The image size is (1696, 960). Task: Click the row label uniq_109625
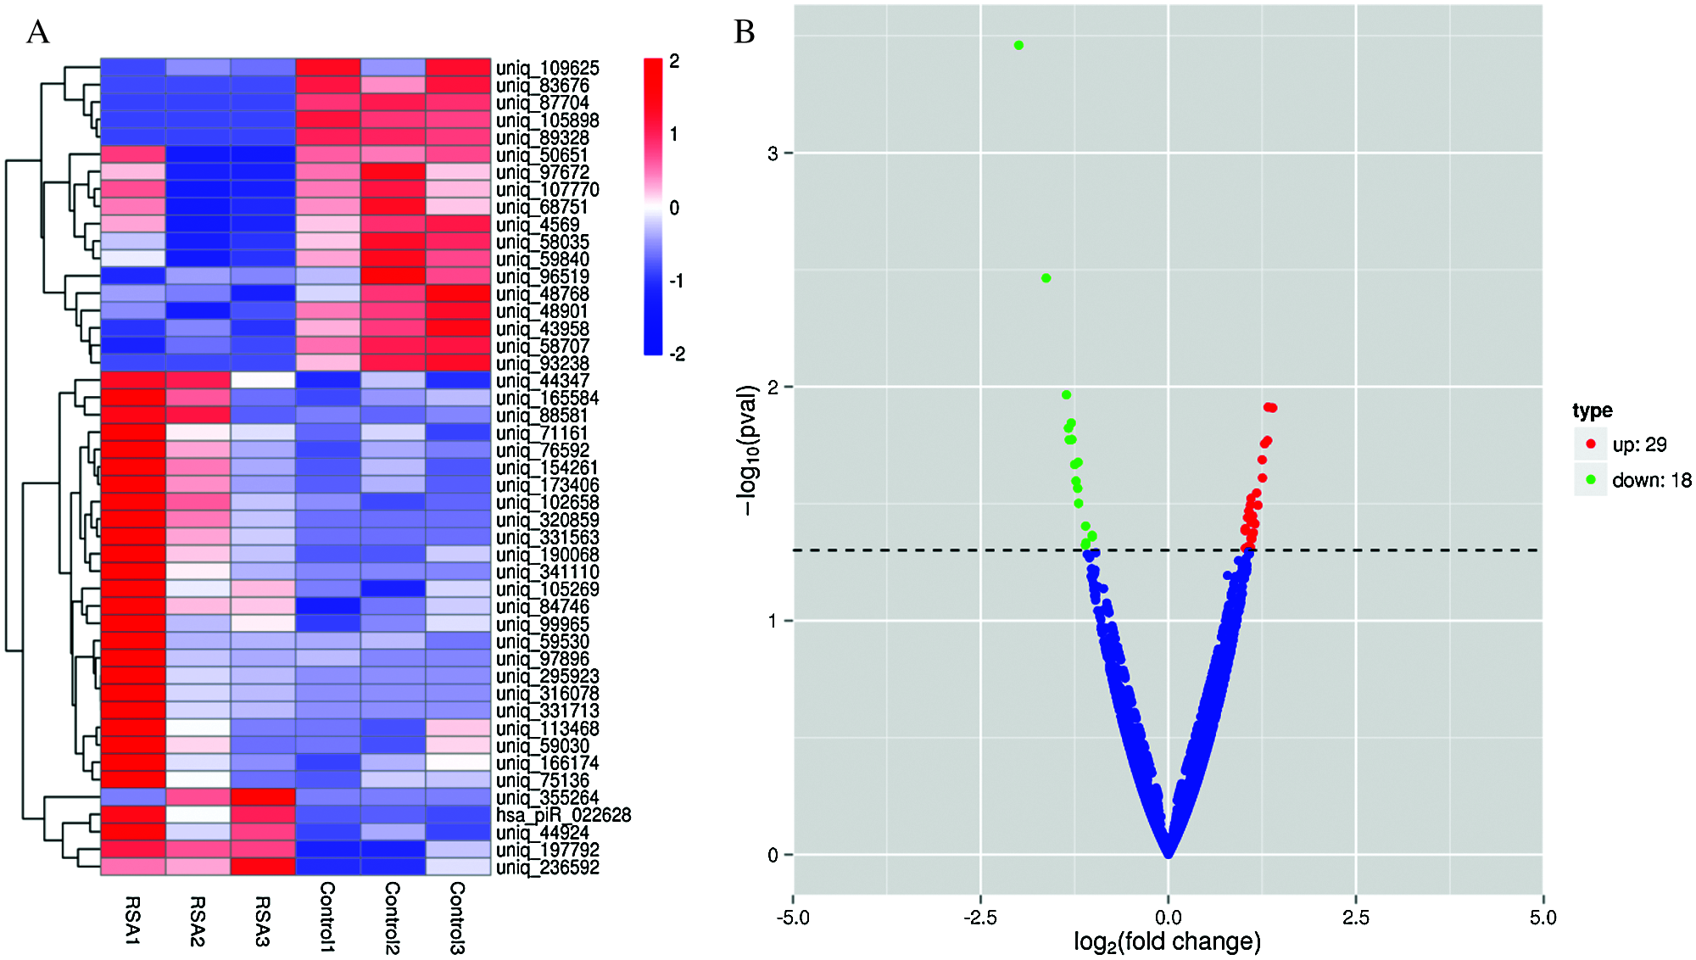coord(547,68)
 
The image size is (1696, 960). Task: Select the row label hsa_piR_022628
coord(563,815)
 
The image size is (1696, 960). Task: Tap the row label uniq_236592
coord(547,868)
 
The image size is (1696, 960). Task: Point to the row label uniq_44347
coord(542,381)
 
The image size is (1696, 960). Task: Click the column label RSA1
coord(132,920)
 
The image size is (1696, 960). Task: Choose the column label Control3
coord(457,918)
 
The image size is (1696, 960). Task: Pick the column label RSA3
coord(262,921)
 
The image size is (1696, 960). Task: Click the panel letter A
coord(38,32)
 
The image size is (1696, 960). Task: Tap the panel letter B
coord(744,32)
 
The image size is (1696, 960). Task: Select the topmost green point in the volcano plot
coord(1018,46)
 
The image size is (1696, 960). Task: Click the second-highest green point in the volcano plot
coord(1046,278)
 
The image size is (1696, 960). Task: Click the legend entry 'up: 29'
coord(1638,444)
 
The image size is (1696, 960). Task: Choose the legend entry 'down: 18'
coord(1650,480)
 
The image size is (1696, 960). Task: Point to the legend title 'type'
coord(1592,410)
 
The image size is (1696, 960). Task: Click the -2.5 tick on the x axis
coord(980,917)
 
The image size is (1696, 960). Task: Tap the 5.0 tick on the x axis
coord(1543,917)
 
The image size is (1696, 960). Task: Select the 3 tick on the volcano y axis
coord(773,153)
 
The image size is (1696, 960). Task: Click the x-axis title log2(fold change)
coord(1167,941)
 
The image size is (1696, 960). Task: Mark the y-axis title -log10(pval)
coord(747,449)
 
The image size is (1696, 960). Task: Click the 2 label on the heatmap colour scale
coord(674,61)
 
